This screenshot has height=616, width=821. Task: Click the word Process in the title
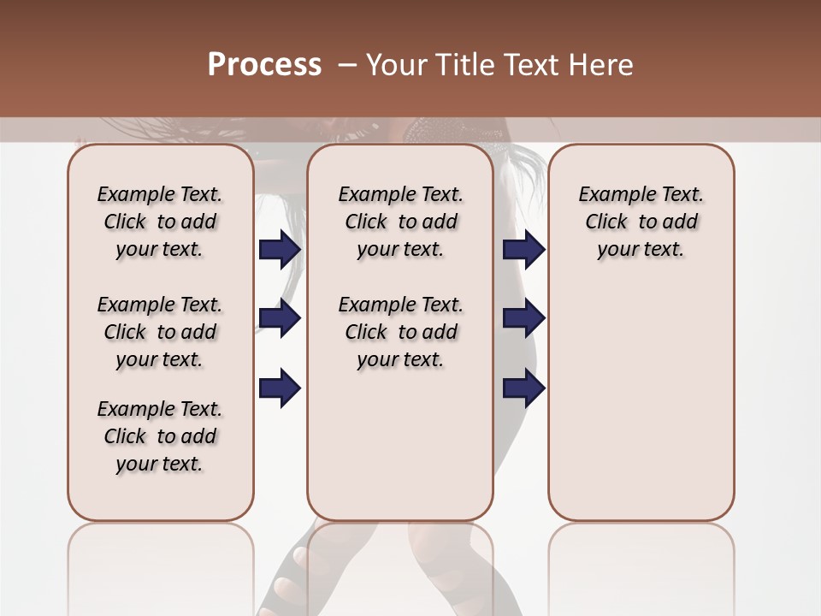click(x=264, y=65)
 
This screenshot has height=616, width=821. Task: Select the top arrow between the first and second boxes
click(x=280, y=249)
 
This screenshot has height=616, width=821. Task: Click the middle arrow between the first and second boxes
click(x=280, y=318)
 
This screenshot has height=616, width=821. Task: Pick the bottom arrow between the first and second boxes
click(x=280, y=388)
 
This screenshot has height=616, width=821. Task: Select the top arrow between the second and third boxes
click(x=523, y=249)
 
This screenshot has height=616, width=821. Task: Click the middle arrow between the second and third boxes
click(x=523, y=318)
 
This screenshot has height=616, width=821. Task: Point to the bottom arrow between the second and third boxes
click(x=523, y=388)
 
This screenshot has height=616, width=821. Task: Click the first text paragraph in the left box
click(x=160, y=222)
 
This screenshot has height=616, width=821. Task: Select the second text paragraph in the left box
click(x=160, y=332)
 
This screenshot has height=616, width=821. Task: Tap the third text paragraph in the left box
click(x=160, y=436)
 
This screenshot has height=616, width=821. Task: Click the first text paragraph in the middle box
click(x=400, y=222)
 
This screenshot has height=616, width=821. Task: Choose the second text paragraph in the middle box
click(x=400, y=332)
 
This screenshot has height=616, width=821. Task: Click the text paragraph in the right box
click(x=641, y=222)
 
